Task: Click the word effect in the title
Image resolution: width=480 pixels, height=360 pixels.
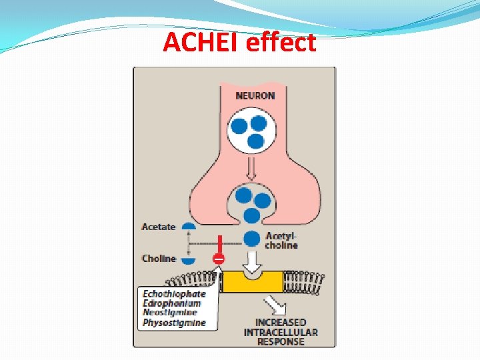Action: pos(280,43)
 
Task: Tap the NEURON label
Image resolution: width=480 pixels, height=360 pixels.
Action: pos(255,95)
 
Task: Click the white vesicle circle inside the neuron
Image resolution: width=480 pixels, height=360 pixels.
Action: pos(251,129)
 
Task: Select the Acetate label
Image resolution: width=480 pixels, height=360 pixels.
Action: pos(159,227)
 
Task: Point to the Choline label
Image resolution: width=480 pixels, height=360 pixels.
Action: pos(159,258)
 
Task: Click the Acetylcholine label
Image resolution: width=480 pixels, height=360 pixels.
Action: pos(281,241)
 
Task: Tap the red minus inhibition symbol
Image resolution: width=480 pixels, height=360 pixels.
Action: pos(219,258)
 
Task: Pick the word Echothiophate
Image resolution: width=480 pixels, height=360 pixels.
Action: pos(174,293)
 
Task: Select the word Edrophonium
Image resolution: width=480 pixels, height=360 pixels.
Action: pos(171,303)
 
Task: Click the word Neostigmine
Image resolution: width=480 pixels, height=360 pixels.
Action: pos(170,313)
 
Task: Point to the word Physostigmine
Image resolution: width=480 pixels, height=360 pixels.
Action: pos(174,323)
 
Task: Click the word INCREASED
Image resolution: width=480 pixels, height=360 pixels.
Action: pos(281,323)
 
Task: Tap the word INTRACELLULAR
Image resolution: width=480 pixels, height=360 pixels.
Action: pos(281,332)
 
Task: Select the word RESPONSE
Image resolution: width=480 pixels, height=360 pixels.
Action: pos(281,341)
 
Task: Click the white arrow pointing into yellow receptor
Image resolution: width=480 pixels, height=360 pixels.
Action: pos(252,261)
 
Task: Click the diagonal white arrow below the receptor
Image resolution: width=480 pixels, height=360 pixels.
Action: pos(273,306)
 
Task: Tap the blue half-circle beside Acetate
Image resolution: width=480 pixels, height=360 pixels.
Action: pos(188,227)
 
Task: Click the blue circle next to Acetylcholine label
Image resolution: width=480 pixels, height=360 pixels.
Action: pos(252,239)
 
